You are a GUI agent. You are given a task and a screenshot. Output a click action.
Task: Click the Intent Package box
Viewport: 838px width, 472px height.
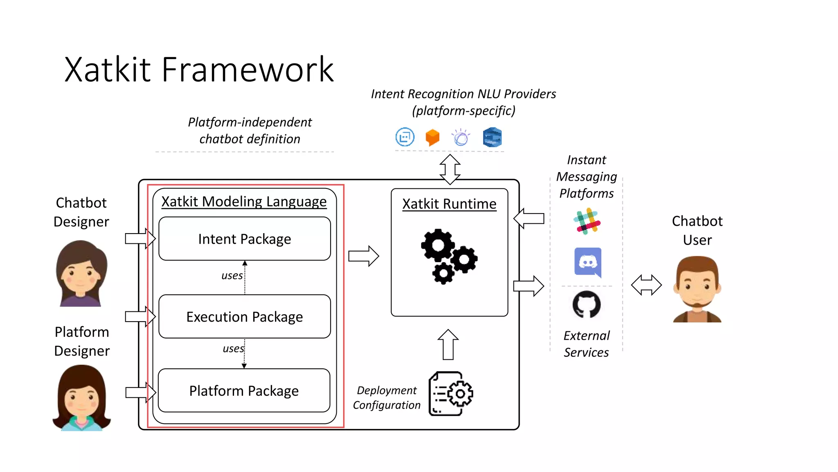click(244, 239)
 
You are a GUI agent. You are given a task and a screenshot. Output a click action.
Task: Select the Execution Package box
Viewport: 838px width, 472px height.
click(244, 317)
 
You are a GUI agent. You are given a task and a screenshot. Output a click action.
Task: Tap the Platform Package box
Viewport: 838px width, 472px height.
click(244, 391)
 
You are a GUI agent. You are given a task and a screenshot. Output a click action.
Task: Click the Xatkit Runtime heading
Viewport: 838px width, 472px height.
click(449, 204)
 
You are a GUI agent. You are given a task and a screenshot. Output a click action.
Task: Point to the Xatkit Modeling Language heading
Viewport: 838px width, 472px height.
click(244, 202)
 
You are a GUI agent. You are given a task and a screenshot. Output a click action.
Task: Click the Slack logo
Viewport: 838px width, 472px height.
click(587, 221)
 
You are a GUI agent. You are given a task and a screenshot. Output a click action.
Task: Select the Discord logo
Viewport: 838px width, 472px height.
click(588, 262)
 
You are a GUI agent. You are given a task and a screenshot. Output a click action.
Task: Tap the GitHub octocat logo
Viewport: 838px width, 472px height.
click(586, 304)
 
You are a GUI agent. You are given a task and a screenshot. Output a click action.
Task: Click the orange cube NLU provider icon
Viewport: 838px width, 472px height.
click(433, 137)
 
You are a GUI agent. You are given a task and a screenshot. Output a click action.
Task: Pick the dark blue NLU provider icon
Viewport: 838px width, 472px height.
click(492, 137)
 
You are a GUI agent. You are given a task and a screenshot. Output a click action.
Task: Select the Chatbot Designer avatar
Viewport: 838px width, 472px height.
click(81, 273)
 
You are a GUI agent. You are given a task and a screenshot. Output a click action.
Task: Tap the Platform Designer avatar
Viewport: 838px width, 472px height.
click(81, 397)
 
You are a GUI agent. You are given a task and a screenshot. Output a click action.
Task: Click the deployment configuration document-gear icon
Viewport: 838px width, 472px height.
click(451, 394)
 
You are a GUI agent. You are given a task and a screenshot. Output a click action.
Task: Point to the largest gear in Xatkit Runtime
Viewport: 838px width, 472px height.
click(438, 245)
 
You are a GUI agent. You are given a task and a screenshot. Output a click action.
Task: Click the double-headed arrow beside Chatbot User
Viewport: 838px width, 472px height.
click(646, 285)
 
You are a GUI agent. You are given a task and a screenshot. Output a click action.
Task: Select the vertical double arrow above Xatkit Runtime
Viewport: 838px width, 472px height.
click(450, 169)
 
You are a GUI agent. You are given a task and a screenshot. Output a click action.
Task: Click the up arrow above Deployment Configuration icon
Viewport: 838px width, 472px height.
click(448, 345)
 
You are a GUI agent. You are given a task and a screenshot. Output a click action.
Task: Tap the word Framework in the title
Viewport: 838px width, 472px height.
click(248, 70)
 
